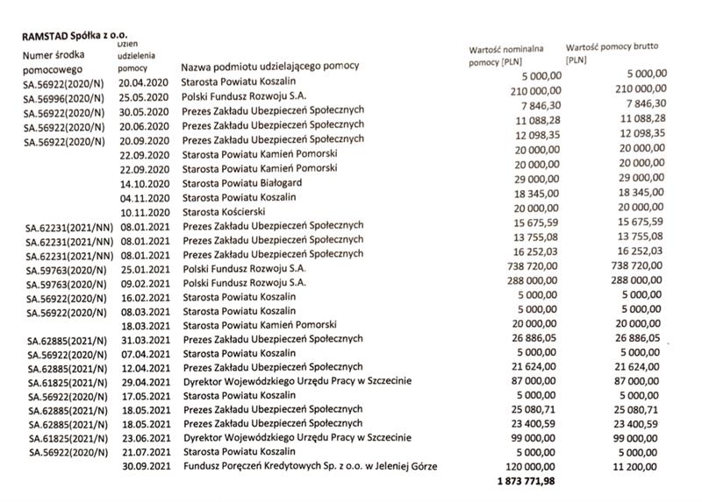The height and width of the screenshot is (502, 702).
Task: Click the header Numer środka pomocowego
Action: pyautogui.click(x=52, y=62)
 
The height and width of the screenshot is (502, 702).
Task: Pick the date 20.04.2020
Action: pyautogui.click(x=143, y=82)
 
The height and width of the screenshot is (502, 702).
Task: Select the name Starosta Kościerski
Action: pyautogui.click(x=229, y=212)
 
